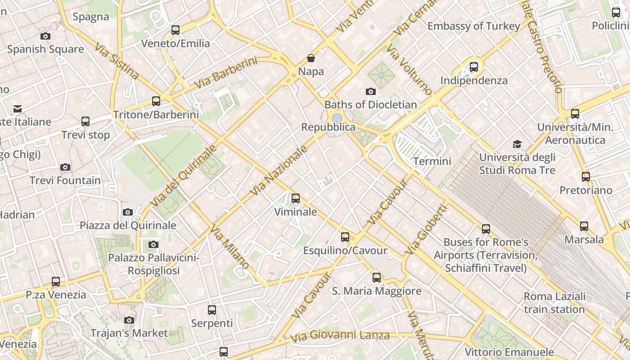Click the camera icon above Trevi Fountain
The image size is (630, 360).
click(65, 167)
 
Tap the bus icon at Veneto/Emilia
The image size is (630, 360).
click(175, 30)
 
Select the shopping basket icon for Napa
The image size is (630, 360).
click(310, 58)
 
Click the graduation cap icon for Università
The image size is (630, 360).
click(517, 144)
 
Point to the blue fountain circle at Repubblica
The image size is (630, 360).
click(337, 118)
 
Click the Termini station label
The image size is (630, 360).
click(432, 161)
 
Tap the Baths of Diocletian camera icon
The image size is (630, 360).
click(371, 92)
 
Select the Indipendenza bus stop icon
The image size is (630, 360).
click(474, 67)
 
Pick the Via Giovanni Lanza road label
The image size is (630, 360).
click(340, 336)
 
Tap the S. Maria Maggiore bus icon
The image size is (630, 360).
click(377, 278)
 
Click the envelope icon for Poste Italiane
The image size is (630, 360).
click(18, 108)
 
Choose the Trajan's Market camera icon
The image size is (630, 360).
click(129, 320)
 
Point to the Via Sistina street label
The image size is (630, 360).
click(117, 61)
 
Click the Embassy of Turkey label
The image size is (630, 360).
click(473, 26)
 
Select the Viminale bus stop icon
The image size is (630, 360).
click(296, 198)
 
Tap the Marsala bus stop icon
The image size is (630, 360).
click(584, 226)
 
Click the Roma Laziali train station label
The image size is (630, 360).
click(554, 303)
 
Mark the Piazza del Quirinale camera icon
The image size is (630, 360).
click(128, 212)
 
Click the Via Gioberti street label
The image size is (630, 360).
click(426, 229)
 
